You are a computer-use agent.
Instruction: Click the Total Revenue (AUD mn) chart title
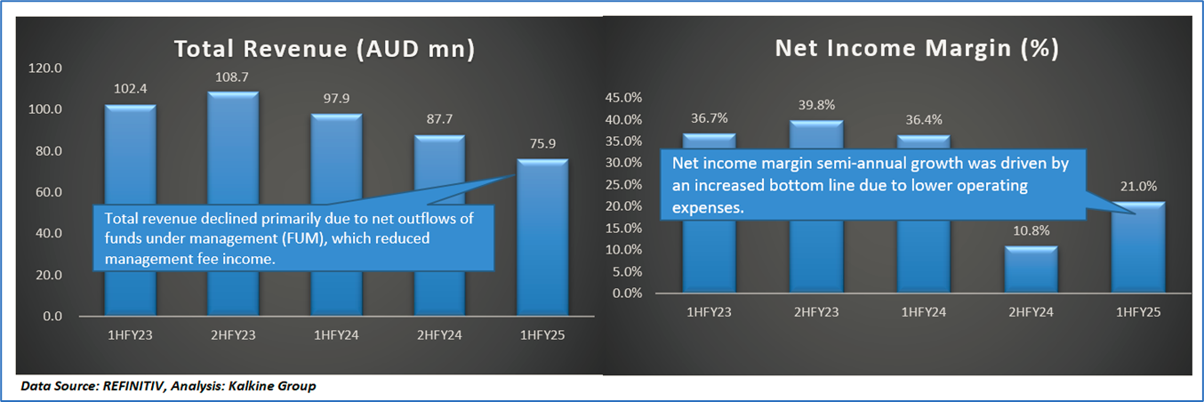pos(324,49)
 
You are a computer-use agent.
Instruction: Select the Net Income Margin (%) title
pos(917,49)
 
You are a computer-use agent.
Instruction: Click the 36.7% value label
pos(709,117)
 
